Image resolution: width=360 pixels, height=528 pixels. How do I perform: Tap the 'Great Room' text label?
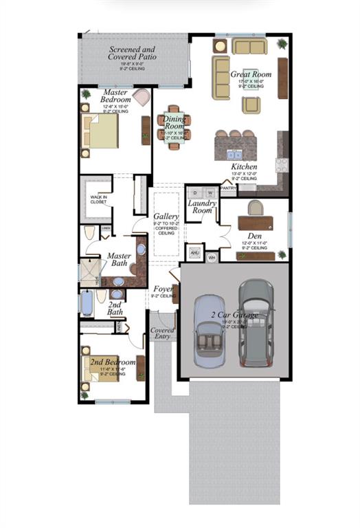click(250, 74)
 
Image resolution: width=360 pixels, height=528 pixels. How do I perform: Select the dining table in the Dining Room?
click(175, 126)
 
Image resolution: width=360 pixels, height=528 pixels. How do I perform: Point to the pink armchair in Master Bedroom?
click(142, 97)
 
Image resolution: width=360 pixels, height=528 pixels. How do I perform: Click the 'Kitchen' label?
click(244, 166)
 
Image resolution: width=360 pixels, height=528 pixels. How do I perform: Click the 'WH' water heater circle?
click(212, 257)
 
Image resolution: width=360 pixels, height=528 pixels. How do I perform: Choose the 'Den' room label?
click(255, 236)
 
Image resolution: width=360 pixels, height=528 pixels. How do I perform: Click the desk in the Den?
click(255, 222)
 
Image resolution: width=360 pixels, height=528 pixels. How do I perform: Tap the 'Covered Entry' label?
click(162, 333)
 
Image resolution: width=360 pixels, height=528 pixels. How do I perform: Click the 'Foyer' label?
click(162, 289)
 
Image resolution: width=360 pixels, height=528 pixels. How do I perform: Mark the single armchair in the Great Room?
click(251, 104)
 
